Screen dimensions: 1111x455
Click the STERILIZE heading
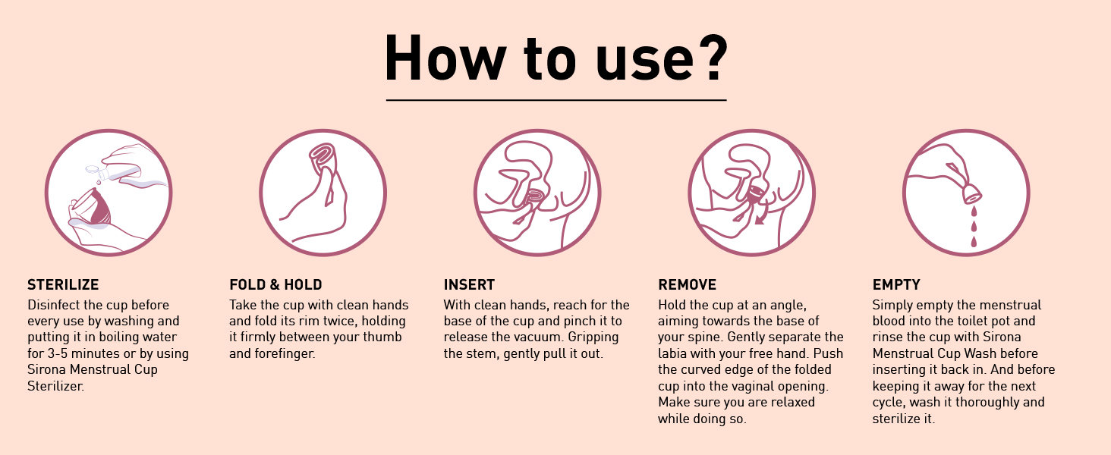pos(63,284)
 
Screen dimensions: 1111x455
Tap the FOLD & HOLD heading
pos(275,284)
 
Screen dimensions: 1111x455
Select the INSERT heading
pos(469,284)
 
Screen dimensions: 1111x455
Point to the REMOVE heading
pos(687,284)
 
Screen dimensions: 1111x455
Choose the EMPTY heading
pos(896,284)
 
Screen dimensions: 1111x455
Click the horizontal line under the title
pos(556,100)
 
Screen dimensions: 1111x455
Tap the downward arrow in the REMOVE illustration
pos(760,217)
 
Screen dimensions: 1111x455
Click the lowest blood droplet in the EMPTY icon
pos(974,242)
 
